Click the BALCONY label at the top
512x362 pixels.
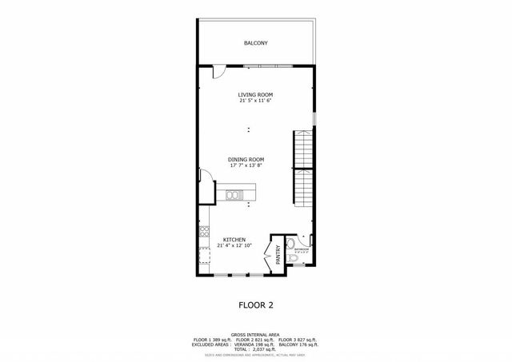click(x=255, y=43)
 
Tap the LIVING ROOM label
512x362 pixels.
click(x=255, y=94)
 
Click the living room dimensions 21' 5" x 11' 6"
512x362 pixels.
click(x=255, y=101)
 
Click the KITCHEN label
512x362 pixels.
click(x=234, y=239)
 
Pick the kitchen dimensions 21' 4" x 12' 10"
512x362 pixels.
click(x=234, y=245)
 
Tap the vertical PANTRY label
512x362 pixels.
click(x=278, y=254)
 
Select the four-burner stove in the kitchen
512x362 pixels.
click(x=203, y=237)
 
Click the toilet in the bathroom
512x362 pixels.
click(x=291, y=245)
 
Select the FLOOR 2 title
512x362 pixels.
click(x=256, y=304)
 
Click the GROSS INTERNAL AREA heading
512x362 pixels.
click(x=255, y=335)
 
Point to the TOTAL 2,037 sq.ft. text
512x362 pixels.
click(x=255, y=349)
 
